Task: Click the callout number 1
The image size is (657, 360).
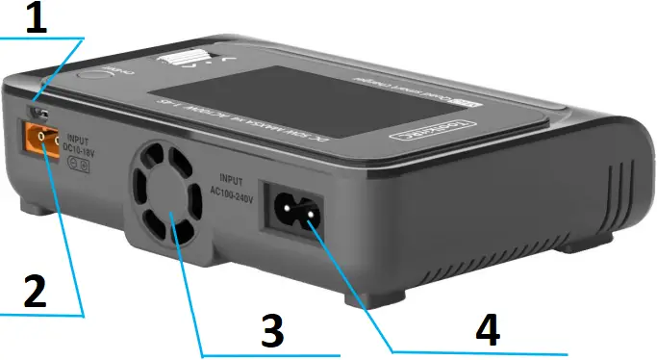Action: tap(37, 19)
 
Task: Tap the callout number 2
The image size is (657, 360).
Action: tap(35, 293)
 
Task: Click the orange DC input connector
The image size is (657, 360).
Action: tap(45, 141)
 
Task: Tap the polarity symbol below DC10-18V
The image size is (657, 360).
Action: tap(82, 165)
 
